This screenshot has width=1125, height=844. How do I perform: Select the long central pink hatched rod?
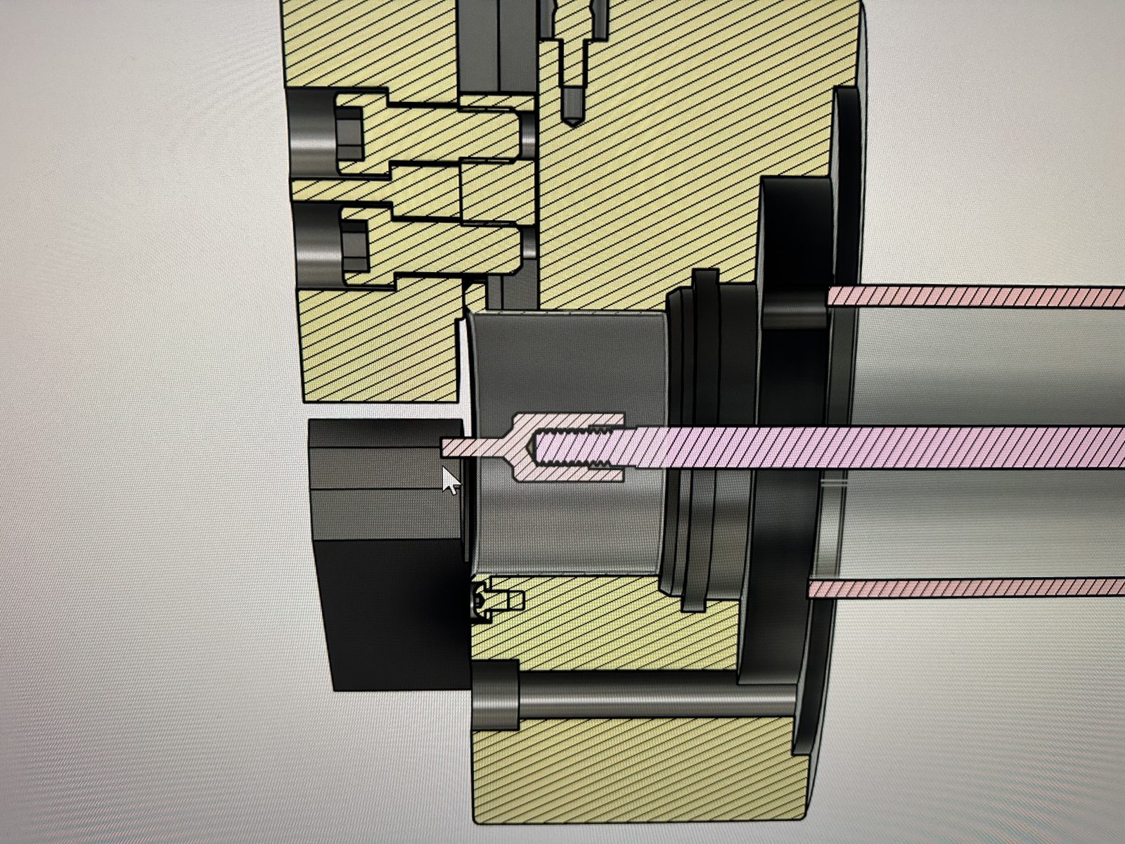click(x=844, y=447)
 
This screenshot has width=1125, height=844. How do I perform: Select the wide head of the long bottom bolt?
click(x=495, y=696)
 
